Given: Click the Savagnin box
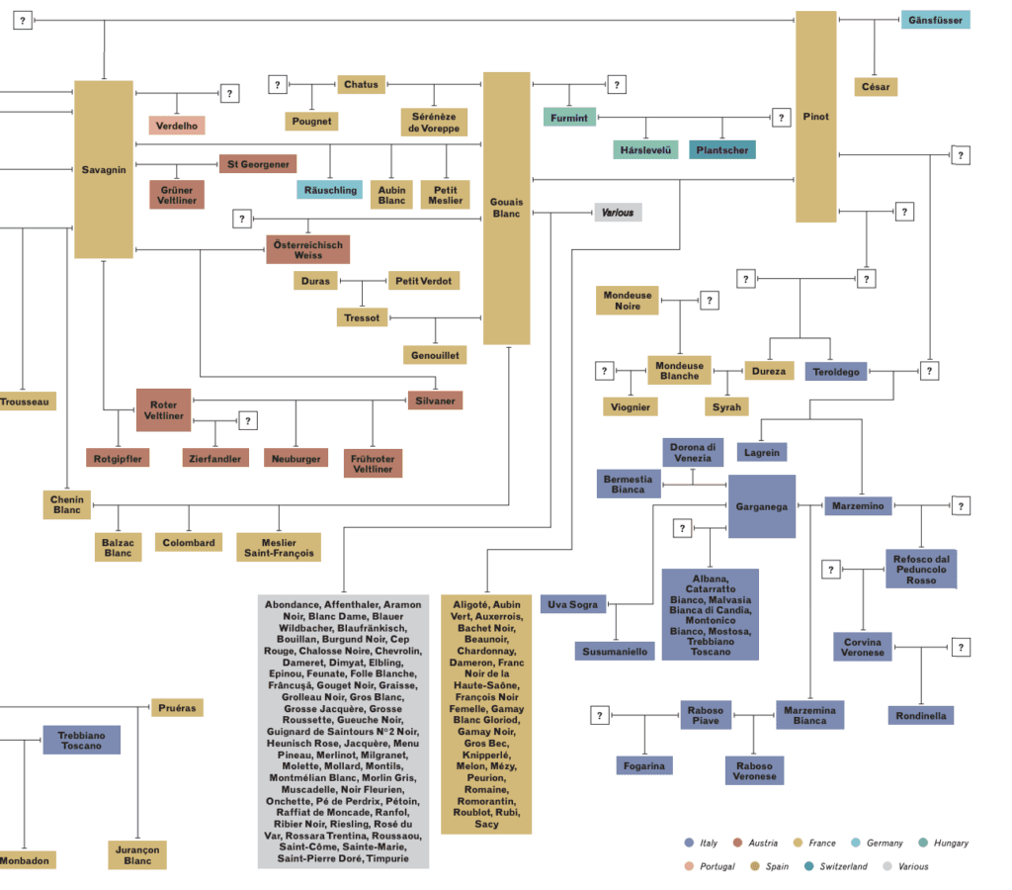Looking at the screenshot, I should [104, 169].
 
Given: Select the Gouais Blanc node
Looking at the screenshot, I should [506, 208].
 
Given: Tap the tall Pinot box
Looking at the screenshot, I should [815, 117].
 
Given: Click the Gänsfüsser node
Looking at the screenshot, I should [934, 20].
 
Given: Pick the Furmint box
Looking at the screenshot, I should [569, 118].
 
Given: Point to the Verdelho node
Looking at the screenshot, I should [177, 125].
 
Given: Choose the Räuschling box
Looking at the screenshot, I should [329, 189].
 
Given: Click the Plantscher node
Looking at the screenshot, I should [720, 149].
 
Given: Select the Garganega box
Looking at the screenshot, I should [761, 506].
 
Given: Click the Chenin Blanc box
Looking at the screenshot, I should [67, 504].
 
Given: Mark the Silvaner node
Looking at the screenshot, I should [435, 400].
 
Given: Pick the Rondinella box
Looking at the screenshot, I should [921, 715].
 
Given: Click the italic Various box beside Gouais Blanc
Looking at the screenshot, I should [618, 213].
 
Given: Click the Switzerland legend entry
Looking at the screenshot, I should [843, 866].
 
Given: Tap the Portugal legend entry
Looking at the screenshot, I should [717, 866].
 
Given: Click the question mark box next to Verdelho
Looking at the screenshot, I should [230, 93].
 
